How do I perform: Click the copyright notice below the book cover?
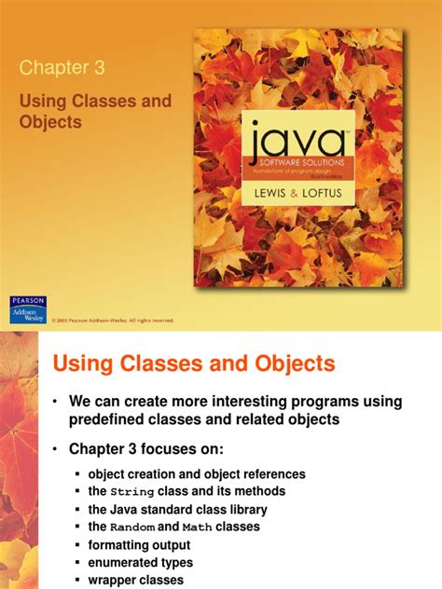point(111,320)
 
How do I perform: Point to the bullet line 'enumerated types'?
point(140,563)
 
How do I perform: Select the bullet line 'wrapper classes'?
point(135,581)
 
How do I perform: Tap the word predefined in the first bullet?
point(109,420)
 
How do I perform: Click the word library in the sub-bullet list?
point(243,510)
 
